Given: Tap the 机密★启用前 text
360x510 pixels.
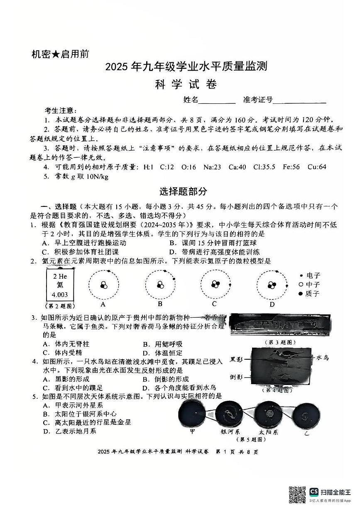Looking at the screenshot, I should [x=60, y=54].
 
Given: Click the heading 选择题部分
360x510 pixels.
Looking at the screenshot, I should [x=183, y=191].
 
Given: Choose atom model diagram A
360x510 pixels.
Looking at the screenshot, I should [x=103, y=285].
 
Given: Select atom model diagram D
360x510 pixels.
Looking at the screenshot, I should [x=272, y=285].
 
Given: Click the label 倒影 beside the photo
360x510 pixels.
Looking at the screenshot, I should [x=236, y=377].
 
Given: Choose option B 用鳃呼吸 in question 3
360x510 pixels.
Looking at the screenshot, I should [x=162, y=344].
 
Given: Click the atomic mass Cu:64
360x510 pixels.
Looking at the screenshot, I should [x=317, y=167].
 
